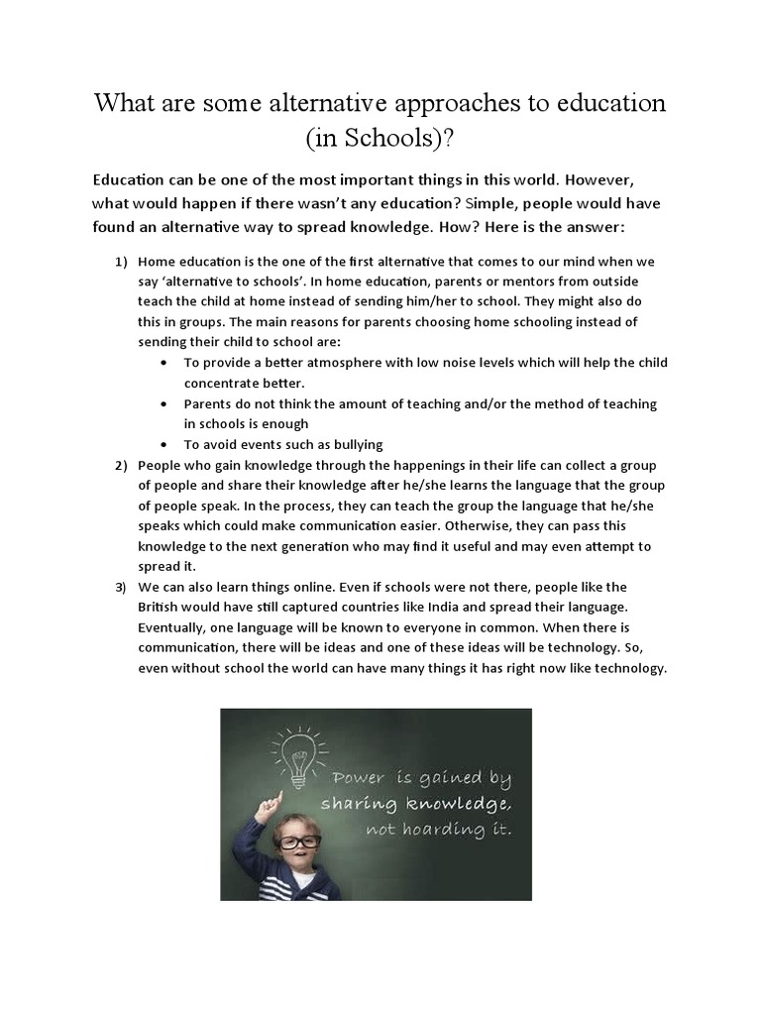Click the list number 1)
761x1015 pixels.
point(120,261)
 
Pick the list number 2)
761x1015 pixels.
point(120,465)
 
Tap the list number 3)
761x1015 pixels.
point(120,587)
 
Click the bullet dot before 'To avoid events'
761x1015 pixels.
point(163,444)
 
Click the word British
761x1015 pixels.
point(160,608)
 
